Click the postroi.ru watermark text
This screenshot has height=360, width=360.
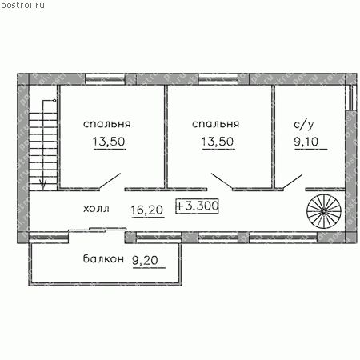coord(22,6)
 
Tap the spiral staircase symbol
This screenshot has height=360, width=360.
coord(324,211)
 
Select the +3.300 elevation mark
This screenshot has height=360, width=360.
coord(197,206)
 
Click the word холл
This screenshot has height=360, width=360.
coord(96,209)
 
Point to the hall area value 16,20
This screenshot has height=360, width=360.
coord(147,210)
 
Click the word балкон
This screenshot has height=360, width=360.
coord(103,258)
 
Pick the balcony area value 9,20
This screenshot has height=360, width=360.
coord(146,260)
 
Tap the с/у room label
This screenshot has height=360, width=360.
coord(304,125)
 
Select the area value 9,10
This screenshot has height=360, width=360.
coord(306,142)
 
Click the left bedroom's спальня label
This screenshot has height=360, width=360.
coord(107,124)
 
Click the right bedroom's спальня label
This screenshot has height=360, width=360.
coord(215,124)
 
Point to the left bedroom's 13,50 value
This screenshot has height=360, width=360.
coord(109,142)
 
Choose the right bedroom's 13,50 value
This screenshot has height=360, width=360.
coord(218,142)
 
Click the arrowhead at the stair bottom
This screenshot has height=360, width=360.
coord(43,184)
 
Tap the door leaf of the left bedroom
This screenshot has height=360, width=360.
coord(110,182)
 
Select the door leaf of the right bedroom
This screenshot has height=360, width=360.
coord(222,182)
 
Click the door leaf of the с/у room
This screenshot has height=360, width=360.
coord(292,182)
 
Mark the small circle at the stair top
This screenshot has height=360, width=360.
coord(54,101)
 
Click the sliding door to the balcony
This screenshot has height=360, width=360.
coord(98,230)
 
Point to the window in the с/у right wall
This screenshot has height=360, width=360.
coord(351,98)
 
